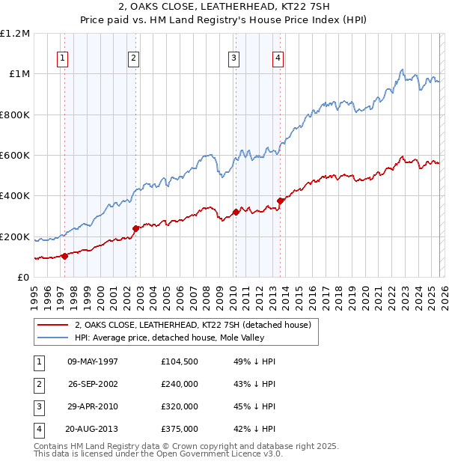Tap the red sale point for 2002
pyautogui.click(x=135, y=228)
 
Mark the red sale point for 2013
pyautogui.click(x=280, y=201)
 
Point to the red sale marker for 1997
pyautogui.click(x=64, y=256)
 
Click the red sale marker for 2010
pyautogui.click(x=236, y=212)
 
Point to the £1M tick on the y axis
pyautogui.click(x=19, y=74)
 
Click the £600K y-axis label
pyautogui.click(x=16, y=156)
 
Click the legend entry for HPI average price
pyautogui.click(x=181, y=338)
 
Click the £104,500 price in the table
pyautogui.click(x=180, y=361)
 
